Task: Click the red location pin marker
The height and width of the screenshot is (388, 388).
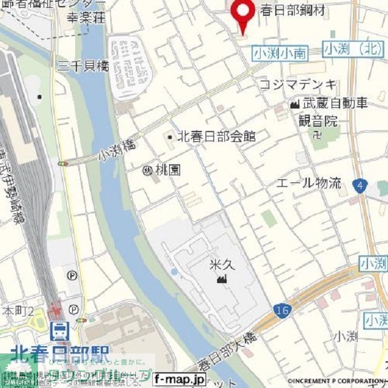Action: pos(244,13)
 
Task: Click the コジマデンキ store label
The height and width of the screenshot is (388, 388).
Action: pos(296,85)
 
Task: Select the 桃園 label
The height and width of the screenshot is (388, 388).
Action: pos(166,170)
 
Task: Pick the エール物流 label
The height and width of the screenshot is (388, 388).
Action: pos(309,182)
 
